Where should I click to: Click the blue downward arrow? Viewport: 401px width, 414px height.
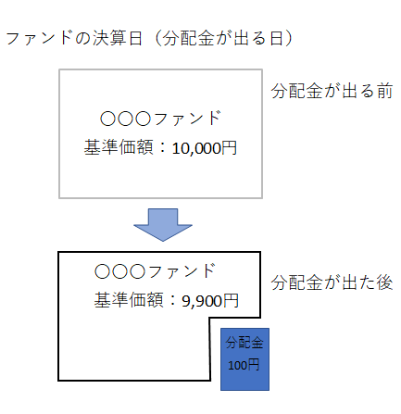coord(163,225)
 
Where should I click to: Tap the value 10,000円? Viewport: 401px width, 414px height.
coord(205,148)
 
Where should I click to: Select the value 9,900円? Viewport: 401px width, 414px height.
coord(210,301)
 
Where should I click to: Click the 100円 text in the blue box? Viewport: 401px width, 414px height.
coord(244,366)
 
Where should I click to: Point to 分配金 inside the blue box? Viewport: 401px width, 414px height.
coord(244,343)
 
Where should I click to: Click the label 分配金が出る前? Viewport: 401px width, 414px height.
coord(332,91)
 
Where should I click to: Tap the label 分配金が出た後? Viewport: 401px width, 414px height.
coord(332,282)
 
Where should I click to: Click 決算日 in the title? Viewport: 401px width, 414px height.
coord(117,39)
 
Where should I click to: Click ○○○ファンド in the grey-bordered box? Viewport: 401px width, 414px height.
coord(160,119)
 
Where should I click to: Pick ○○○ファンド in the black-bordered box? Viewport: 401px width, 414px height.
coord(155,271)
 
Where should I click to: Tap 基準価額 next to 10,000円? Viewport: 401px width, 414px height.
coord(119,147)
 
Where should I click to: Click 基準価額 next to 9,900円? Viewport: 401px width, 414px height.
coord(129,300)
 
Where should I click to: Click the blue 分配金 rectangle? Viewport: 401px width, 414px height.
coord(244,359)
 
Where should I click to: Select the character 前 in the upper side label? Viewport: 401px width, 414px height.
coord(384,91)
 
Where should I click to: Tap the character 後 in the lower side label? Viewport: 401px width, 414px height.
coord(384,282)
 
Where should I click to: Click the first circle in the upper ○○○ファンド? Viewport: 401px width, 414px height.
coord(107,119)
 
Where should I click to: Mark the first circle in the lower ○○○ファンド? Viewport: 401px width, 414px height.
coord(102,272)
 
